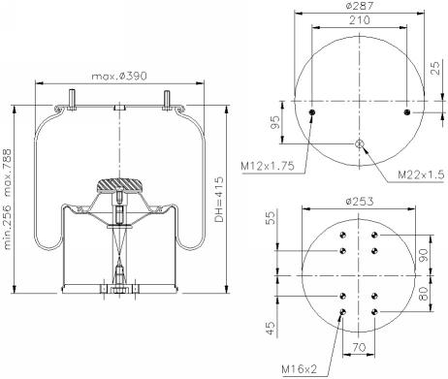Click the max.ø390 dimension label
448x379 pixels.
(x=119, y=77)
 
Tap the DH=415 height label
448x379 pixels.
(x=219, y=200)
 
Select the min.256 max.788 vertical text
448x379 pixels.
(x=7, y=199)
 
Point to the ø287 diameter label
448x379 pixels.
(x=359, y=6)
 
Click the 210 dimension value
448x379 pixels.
(x=360, y=20)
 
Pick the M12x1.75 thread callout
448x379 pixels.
(x=268, y=166)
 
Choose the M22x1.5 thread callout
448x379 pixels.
(x=421, y=174)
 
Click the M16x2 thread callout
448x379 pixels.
(x=300, y=368)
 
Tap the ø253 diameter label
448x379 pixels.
(x=359, y=202)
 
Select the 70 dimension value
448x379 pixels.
(x=359, y=348)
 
